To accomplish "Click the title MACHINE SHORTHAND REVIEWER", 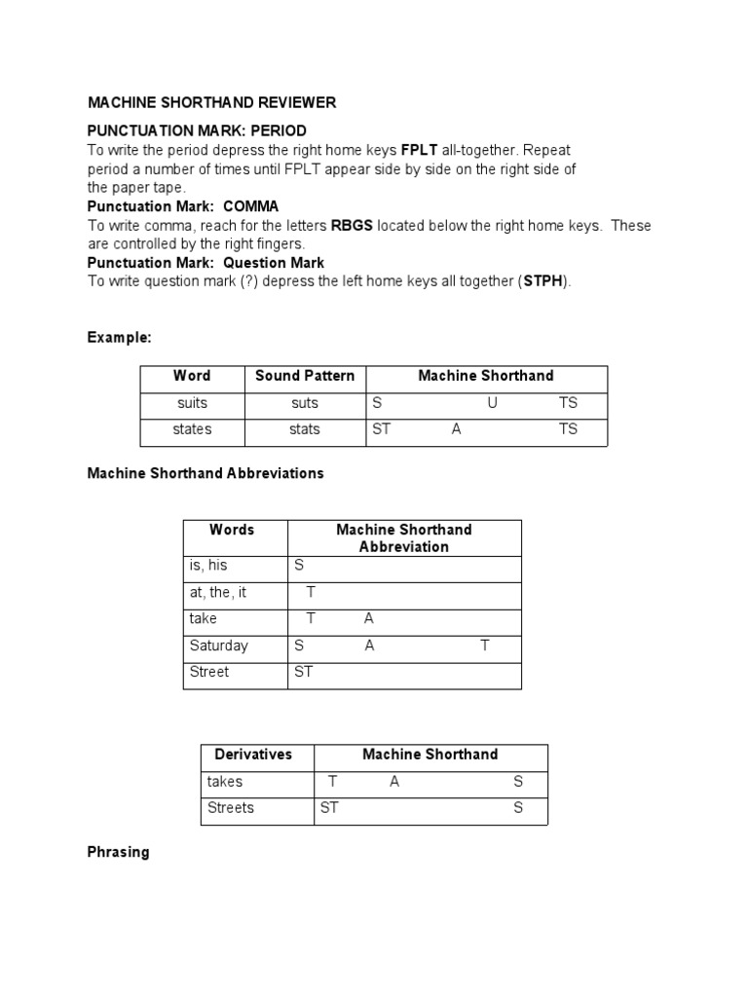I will coord(211,102).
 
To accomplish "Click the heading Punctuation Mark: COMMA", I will coord(182,206).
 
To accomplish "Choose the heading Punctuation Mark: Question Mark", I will coord(206,263).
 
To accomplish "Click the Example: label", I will coord(119,337).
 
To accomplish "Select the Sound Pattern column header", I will coord(305,376).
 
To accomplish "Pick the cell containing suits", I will coord(193,403).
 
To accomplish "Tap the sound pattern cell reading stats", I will coord(305,429).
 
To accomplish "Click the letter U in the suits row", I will coord(492,403).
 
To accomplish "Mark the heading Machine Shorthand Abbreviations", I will coord(206,473).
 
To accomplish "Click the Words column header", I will coord(232,530).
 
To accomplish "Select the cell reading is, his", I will coord(207,565).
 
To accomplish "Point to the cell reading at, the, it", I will coord(217,592).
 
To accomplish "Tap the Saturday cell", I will coord(219,646).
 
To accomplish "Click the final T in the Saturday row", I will coord(484,646).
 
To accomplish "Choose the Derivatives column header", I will coord(252,755).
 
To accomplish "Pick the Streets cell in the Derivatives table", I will coord(230,808).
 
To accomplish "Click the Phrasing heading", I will coord(118,852).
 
